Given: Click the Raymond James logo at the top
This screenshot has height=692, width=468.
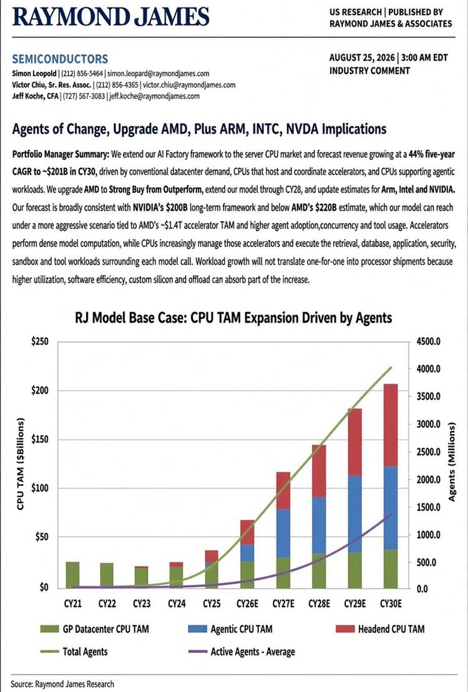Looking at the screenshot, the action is [111, 16].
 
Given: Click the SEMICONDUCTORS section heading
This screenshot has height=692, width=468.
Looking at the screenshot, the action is [60, 59].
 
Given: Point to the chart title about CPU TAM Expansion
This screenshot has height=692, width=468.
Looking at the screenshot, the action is [233, 318].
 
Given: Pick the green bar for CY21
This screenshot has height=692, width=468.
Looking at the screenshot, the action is [73, 575].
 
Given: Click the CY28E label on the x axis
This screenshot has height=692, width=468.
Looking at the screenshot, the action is [318, 604].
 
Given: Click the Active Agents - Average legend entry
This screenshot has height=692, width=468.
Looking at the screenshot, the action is [241, 651].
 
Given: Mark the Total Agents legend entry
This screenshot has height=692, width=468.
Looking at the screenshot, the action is [73, 651].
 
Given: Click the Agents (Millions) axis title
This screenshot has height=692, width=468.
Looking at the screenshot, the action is [452, 462].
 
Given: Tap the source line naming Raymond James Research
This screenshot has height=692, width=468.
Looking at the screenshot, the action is [62, 684].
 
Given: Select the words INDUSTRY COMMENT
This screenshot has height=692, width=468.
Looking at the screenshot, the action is [369, 71].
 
